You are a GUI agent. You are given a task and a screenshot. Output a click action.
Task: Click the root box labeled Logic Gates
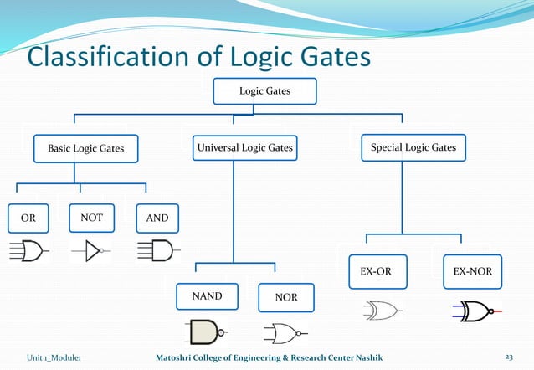[264, 90]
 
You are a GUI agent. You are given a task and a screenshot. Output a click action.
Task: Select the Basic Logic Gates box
[85, 148]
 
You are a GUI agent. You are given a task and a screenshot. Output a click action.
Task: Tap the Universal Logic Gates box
[244, 147]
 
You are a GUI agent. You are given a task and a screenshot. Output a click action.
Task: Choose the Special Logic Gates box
[413, 147]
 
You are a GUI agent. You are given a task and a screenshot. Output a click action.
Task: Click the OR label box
[28, 218]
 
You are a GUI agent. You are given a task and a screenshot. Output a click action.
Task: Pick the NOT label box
[91, 218]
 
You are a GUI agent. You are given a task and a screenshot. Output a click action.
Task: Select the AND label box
[157, 218]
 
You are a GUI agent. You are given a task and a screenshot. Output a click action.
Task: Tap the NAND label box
[206, 296]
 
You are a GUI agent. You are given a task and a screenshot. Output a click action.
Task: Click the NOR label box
[286, 297]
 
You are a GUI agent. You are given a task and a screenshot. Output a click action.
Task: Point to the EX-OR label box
[377, 271]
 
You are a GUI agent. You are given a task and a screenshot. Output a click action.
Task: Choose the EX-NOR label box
[472, 271]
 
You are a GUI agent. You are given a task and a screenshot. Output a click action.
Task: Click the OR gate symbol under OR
[28, 250]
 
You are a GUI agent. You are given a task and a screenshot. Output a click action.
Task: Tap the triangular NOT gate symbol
[91, 250]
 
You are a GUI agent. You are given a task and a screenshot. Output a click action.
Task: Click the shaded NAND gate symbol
[206, 332]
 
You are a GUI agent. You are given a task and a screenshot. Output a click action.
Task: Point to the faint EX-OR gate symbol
[382, 311]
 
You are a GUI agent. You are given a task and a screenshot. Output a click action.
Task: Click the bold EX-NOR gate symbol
[476, 311]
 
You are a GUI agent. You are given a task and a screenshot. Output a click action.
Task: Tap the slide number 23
[508, 358]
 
